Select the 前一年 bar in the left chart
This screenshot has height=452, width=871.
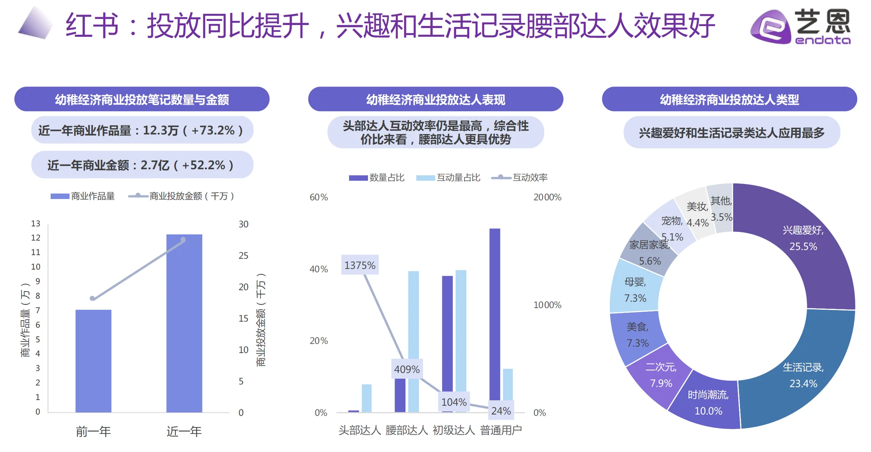pos(93,361)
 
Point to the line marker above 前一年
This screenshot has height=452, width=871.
pos(92,298)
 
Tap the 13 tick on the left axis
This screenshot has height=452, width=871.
pos(36,223)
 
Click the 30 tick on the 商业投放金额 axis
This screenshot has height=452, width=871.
pos(243,224)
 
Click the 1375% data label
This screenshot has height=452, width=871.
pos(360,265)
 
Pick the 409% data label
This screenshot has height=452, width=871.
pos(406,369)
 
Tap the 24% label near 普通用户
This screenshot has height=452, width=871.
pos(501,411)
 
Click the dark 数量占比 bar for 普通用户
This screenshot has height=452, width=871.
pos(495,314)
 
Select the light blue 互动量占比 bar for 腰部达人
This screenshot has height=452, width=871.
pos(414,341)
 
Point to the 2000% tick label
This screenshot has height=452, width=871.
pos(547,197)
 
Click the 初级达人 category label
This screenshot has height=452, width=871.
pos(454,430)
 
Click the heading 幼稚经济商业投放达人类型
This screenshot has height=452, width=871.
pos(729,99)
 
